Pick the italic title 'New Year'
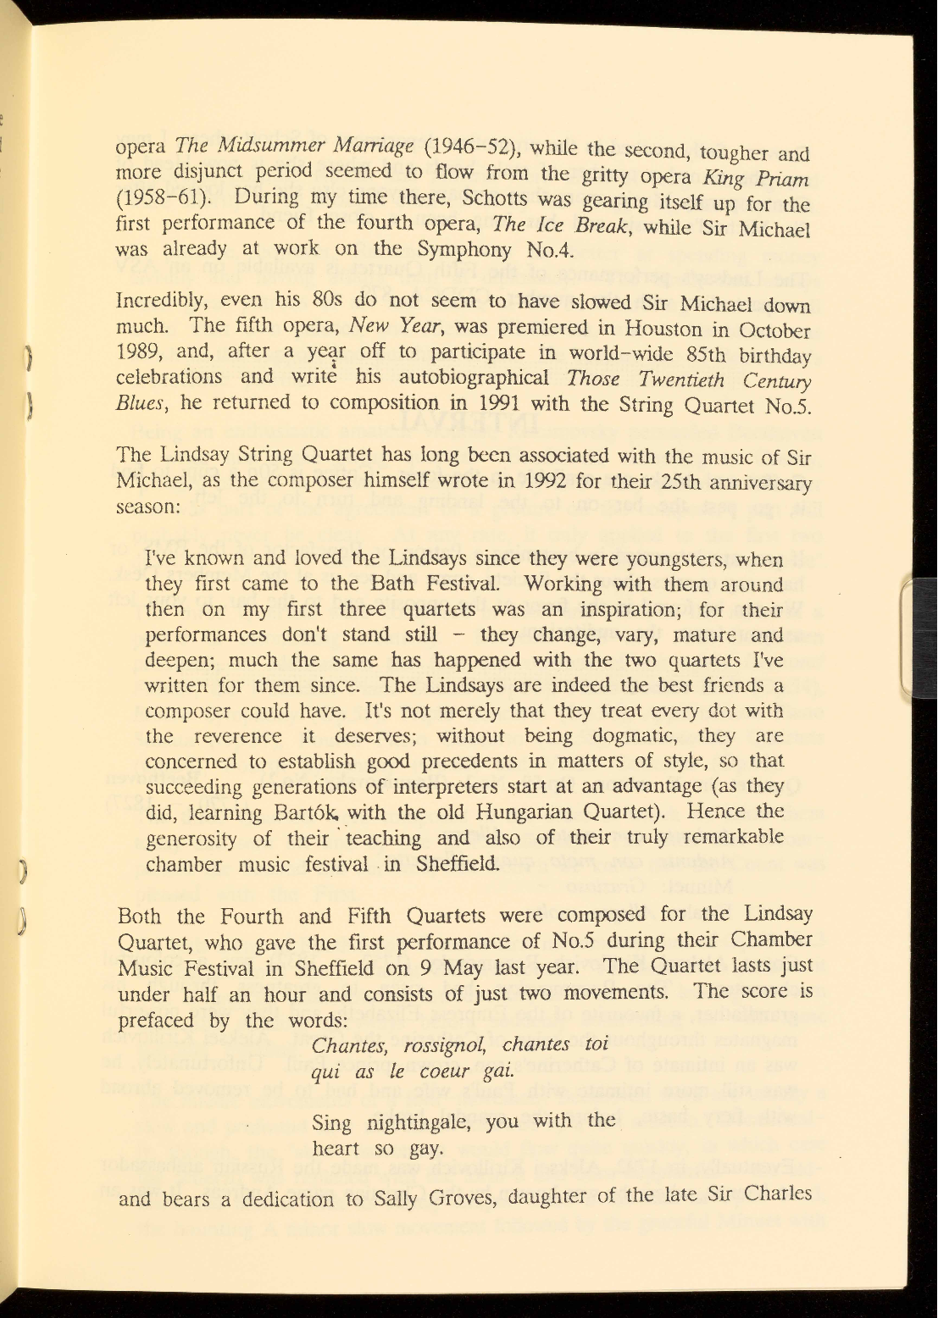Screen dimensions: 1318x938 click(x=385, y=326)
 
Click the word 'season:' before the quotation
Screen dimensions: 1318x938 click(x=147, y=508)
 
